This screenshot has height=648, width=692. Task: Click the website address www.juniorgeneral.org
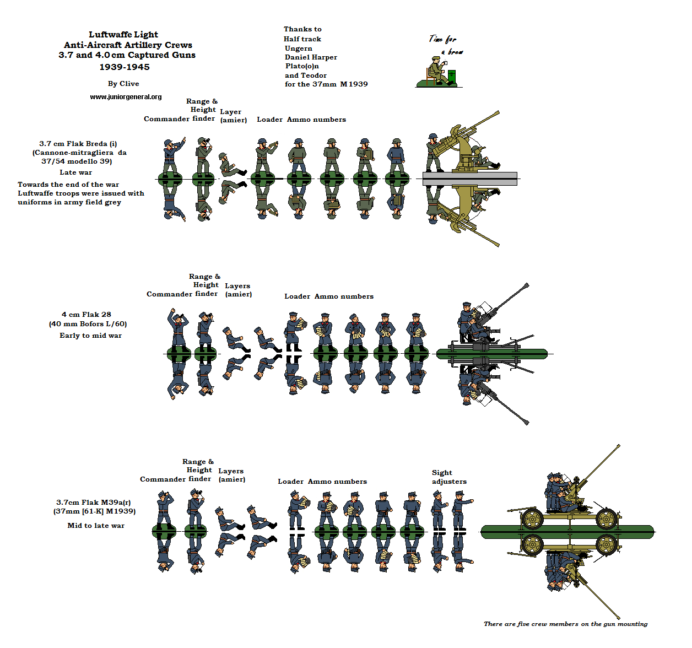point(126,97)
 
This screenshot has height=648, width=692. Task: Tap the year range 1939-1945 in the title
point(125,67)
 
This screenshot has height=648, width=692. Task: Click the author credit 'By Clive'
point(123,84)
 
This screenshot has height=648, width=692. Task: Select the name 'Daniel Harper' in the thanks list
point(311,57)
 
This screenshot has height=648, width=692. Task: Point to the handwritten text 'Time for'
point(443,39)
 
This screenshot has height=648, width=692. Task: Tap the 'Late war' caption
point(76,172)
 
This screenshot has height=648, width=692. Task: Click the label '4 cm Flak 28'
point(86,315)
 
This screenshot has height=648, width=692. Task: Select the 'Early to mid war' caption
point(90,336)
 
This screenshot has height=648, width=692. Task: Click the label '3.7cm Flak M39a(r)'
point(94,503)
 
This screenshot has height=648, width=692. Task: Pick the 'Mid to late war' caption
point(96,526)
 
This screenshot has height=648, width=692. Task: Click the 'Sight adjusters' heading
point(448,477)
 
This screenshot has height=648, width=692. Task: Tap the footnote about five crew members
point(565,624)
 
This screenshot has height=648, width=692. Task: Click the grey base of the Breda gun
point(469,179)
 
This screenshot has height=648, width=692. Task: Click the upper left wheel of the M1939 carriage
point(532,518)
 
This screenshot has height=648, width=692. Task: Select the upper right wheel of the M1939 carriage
point(606,519)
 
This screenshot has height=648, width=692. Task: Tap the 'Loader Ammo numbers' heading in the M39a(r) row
point(322,482)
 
